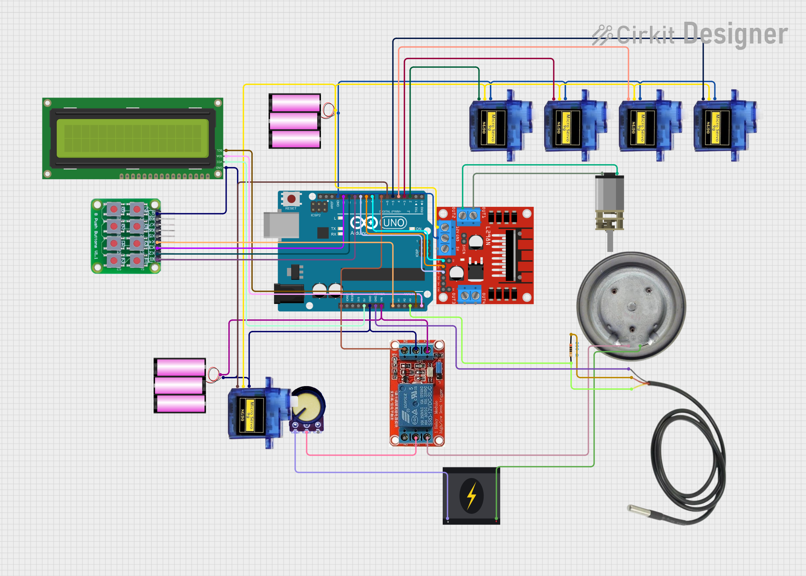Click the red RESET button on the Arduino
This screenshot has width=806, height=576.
click(x=291, y=199)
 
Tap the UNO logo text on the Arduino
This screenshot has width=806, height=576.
click(x=393, y=223)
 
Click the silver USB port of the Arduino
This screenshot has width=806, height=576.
click(x=281, y=225)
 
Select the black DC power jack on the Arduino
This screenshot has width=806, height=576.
click(x=289, y=293)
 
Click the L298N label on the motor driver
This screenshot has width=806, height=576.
click(x=488, y=236)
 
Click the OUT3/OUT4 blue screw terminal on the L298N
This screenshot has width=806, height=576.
click(x=470, y=295)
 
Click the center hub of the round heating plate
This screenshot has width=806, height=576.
click(x=632, y=306)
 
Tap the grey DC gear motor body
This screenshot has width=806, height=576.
click(x=609, y=193)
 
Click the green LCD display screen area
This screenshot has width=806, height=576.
click(x=132, y=138)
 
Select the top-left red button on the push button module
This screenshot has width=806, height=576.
click(x=114, y=209)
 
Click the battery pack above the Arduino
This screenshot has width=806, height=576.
click(x=294, y=121)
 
